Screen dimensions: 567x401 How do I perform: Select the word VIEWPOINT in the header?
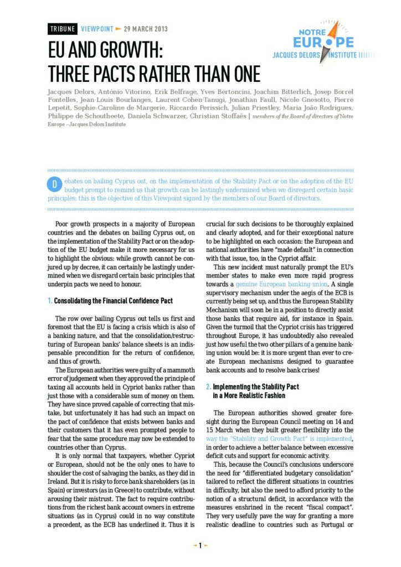(97, 29)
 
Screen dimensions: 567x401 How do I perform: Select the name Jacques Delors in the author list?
(68, 91)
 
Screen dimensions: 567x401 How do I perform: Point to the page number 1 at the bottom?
(200, 545)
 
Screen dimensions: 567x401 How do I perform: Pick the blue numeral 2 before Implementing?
(208, 386)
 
